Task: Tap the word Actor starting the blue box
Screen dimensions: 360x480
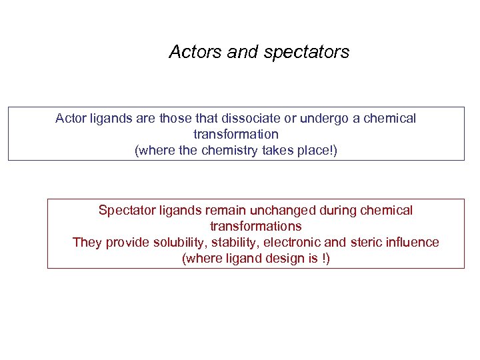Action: click(71, 119)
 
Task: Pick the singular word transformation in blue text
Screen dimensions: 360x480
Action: click(235, 135)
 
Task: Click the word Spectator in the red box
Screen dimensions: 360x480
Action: click(126, 211)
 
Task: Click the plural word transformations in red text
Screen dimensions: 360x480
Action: click(255, 227)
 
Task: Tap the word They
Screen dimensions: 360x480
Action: click(87, 243)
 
